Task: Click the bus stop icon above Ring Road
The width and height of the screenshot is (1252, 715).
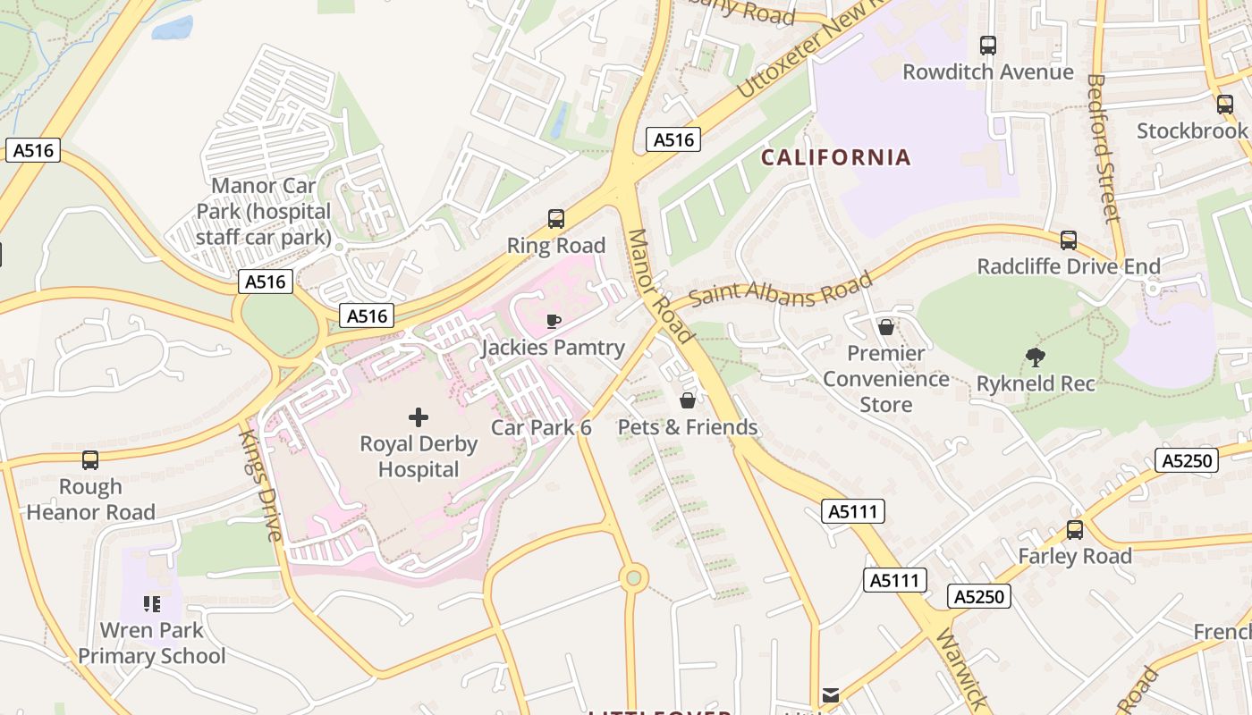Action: (555, 218)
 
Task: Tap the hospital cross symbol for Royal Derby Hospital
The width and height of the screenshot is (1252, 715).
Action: (418, 416)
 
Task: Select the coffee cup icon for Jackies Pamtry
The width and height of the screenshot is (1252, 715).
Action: (554, 321)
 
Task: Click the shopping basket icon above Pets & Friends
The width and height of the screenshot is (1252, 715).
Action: (688, 400)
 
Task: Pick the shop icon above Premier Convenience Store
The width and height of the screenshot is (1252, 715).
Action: (885, 327)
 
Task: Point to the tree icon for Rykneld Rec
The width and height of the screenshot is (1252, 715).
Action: (1036, 357)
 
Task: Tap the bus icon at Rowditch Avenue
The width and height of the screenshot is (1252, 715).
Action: (987, 46)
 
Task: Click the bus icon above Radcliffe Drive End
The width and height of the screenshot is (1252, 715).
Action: (1068, 240)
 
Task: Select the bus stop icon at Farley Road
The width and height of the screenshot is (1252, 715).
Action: (1074, 529)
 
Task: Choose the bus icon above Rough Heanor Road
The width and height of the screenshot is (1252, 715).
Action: (90, 459)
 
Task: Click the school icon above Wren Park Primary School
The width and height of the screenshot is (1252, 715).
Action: (151, 604)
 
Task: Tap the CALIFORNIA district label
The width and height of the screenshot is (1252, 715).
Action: (835, 157)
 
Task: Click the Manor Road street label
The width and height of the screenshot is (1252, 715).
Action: (660, 286)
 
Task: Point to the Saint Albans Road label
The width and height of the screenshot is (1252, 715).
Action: (781, 290)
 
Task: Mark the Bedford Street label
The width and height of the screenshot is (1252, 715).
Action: (1103, 147)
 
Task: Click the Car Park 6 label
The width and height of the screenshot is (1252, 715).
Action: (541, 427)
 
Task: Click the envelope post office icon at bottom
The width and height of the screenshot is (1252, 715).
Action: (831, 694)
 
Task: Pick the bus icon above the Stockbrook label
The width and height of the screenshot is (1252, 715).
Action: (1224, 105)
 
